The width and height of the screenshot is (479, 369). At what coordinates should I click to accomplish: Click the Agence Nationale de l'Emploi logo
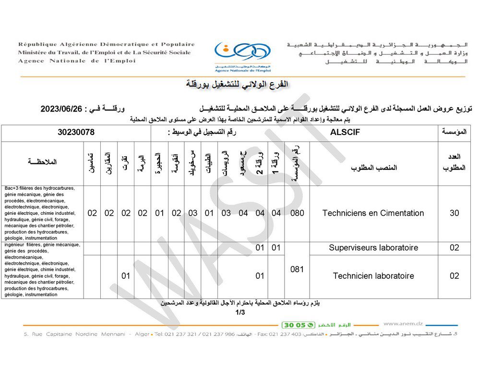[x=242, y=54]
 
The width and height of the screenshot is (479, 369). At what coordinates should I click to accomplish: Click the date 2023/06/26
[x=62, y=109]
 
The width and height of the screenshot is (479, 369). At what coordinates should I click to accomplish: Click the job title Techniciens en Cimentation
[x=373, y=213]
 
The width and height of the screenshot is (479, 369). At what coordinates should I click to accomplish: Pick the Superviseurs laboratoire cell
[x=373, y=248]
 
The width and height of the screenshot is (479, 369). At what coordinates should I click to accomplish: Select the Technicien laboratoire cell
[x=373, y=276]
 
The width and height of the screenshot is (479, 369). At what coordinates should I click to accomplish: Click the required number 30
[x=454, y=213]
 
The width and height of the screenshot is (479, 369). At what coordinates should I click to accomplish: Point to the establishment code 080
[x=297, y=213]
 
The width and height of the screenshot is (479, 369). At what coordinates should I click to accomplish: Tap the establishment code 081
[x=297, y=270]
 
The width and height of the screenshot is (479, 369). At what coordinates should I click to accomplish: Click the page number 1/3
[x=240, y=313]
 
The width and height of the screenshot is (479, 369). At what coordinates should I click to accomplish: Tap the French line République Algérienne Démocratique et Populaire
[x=107, y=44]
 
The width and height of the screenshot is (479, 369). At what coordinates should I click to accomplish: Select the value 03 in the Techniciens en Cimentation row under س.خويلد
[x=192, y=213]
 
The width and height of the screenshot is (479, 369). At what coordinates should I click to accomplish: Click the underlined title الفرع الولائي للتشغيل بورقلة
[x=237, y=85]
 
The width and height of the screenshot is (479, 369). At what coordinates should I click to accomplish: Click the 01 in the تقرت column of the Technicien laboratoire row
[x=126, y=276]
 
